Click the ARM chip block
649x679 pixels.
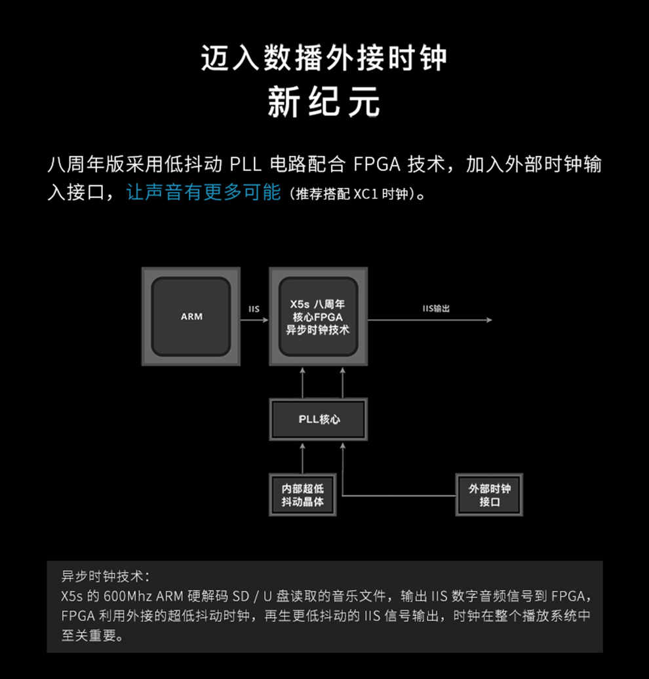click(191, 317)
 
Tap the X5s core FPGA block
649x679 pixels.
click(319, 317)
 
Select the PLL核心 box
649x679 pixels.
click(319, 419)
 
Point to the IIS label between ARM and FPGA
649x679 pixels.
click(254, 309)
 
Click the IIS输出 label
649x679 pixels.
click(436, 309)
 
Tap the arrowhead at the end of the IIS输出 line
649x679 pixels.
click(488, 320)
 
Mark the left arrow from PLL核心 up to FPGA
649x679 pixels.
click(302, 383)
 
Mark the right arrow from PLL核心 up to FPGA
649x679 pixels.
click(342, 383)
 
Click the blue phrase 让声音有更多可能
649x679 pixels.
click(203, 193)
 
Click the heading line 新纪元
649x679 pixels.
click(324, 104)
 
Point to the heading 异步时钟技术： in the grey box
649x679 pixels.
click(106, 577)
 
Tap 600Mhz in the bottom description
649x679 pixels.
click(127, 596)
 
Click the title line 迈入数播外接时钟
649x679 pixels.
click(324, 59)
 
